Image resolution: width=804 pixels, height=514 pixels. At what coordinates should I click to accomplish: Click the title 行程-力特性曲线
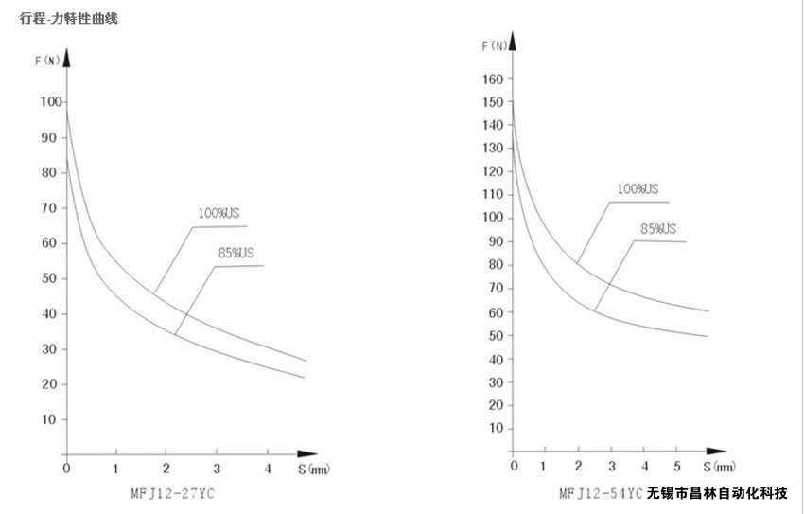(69, 19)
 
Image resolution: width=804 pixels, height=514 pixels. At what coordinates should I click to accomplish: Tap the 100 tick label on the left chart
(51, 101)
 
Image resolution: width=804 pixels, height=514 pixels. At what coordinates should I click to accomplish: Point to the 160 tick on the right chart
(492, 79)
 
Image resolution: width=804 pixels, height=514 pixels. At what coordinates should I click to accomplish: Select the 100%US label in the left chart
(218, 213)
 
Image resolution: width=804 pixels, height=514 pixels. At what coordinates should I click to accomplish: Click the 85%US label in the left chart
(236, 253)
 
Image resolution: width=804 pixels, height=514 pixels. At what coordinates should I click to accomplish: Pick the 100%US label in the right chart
(638, 188)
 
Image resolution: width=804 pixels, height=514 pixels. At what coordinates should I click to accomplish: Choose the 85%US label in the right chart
(658, 229)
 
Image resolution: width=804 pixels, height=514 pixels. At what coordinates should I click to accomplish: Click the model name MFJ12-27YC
(172, 493)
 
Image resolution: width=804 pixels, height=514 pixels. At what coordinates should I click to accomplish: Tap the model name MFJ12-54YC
(601, 493)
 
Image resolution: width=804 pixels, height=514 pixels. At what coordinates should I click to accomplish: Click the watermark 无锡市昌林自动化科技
(717, 493)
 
